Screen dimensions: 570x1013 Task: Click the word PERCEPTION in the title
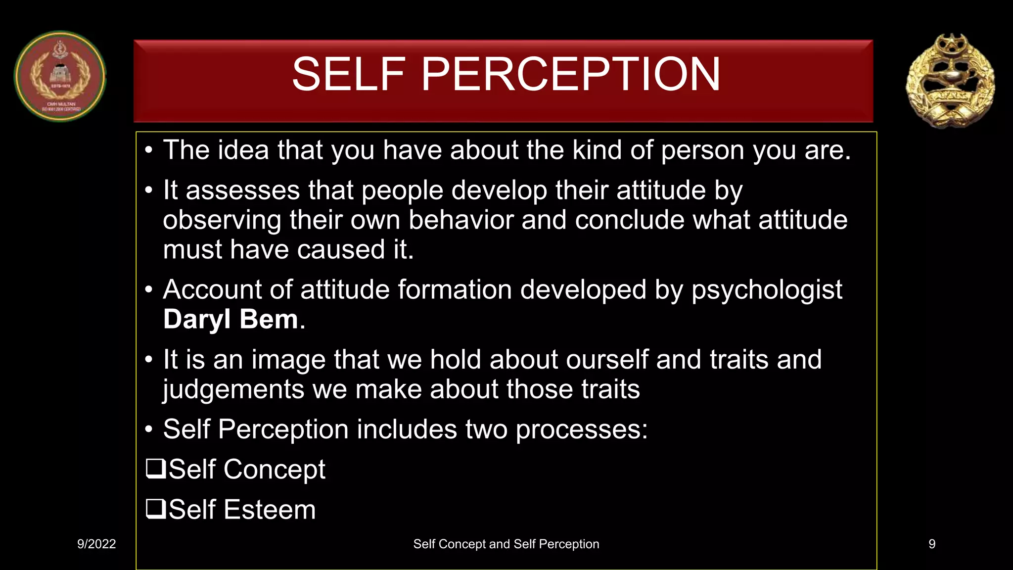point(570,74)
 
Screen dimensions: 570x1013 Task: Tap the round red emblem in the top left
point(60,77)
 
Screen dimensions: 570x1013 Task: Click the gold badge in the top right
point(950,81)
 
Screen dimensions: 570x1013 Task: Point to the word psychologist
point(767,290)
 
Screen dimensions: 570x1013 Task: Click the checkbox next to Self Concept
point(155,468)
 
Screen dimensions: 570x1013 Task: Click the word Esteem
point(270,510)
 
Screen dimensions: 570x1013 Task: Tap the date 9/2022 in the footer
point(96,544)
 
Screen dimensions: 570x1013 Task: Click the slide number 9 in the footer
point(932,544)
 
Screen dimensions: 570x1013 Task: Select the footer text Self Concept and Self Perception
point(506,544)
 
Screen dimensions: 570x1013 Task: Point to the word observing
point(222,221)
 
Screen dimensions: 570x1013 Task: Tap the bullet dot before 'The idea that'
point(149,150)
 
